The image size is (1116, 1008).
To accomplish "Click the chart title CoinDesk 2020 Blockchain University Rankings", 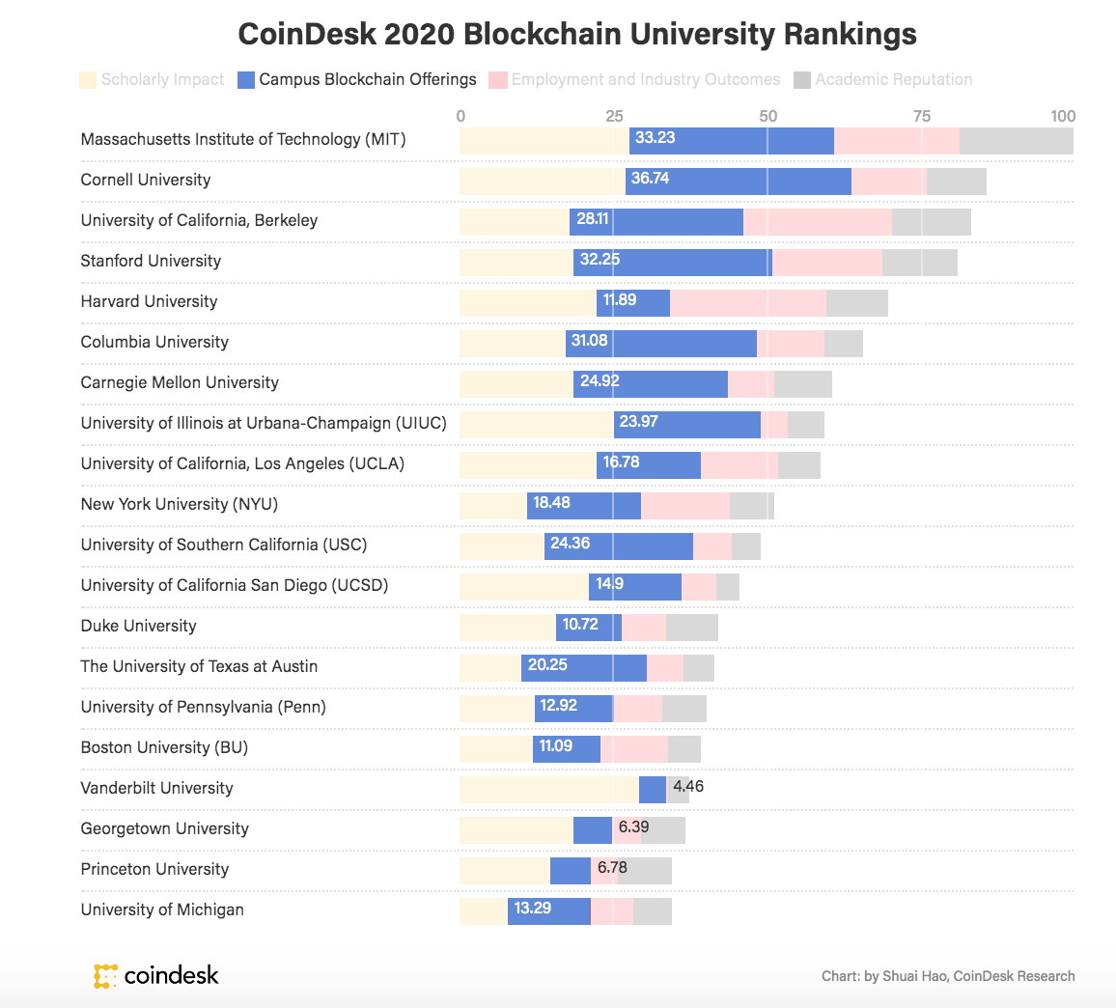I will (x=577, y=35).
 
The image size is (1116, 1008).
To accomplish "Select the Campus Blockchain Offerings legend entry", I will (x=357, y=79).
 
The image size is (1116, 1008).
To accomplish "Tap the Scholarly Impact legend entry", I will (x=152, y=79).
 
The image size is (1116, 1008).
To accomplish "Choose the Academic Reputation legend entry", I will (x=882, y=79).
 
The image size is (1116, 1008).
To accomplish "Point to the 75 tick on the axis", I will (x=922, y=116).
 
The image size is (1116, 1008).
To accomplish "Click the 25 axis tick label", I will (x=614, y=116).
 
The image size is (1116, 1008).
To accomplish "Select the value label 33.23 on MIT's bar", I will (x=655, y=138).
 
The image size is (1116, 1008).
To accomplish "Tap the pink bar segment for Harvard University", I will (x=748, y=302).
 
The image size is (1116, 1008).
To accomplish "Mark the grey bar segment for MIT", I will (x=1016, y=140).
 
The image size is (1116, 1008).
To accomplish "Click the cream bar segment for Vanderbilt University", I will (x=548, y=789).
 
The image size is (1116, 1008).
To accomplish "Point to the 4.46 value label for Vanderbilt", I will (x=688, y=787).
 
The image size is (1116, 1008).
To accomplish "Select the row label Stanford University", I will (x=151, y=261).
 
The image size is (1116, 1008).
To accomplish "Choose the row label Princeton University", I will (x=154, y=869).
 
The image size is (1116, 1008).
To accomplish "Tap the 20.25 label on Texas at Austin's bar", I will (x=547, y=665).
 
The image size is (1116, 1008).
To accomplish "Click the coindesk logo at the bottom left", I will (x=156, y=975).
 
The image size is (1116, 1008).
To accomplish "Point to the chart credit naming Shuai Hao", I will (x=947, y=976).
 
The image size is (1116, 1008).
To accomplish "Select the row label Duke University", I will (x=138, y=626).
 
